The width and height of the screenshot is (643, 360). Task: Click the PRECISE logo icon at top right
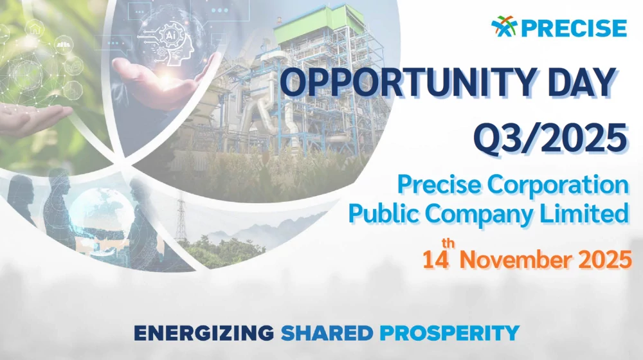click(x=504, y=27)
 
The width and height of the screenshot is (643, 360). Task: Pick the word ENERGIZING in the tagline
click(x=203, y=333)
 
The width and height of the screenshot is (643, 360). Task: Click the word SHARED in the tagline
click(x=327, y=333)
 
